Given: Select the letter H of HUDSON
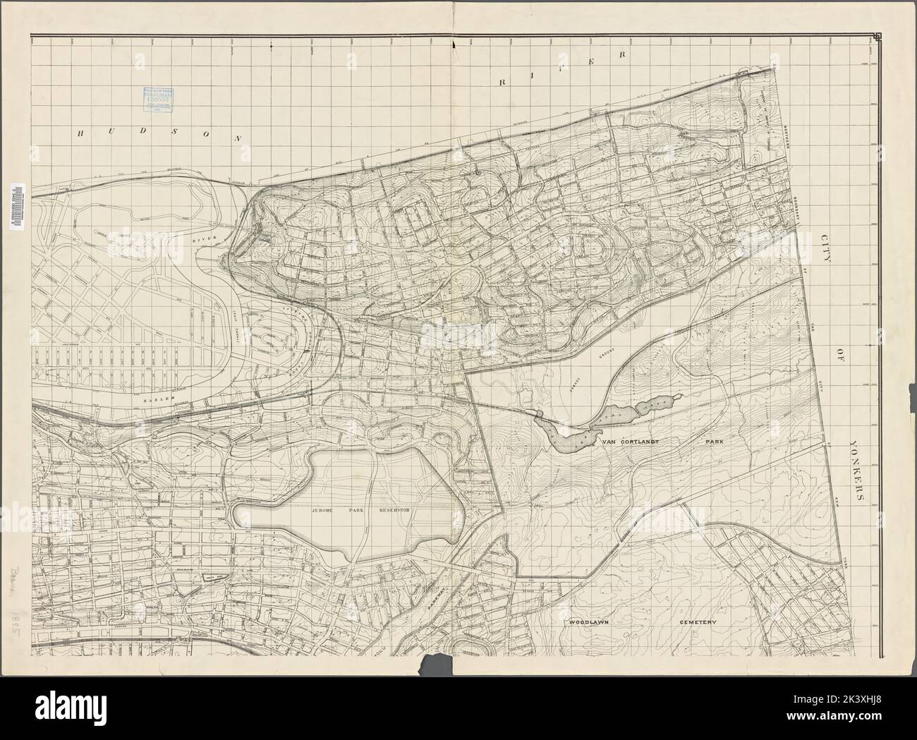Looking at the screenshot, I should [84, 131].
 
